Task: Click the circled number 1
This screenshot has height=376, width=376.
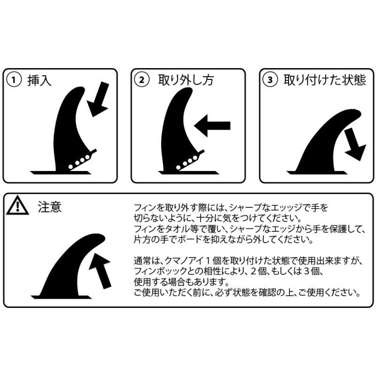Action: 14,80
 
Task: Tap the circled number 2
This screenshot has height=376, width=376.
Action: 142,80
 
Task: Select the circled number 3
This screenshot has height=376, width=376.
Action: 270,80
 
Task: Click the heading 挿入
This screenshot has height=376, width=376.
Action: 39,80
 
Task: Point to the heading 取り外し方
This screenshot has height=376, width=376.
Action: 186,80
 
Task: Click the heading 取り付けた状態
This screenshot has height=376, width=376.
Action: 325,80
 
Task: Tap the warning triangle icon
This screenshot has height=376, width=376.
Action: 17,205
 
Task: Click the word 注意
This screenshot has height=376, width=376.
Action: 50,207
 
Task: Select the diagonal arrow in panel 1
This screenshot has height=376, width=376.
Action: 98,99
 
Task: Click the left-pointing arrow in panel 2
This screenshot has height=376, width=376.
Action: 212,125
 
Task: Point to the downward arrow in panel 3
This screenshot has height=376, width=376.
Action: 355,144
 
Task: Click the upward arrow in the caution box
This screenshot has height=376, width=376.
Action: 101,270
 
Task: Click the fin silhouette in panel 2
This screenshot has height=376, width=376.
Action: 178,131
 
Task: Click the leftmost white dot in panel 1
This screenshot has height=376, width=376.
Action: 71,167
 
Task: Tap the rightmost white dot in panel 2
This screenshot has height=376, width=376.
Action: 195,158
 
